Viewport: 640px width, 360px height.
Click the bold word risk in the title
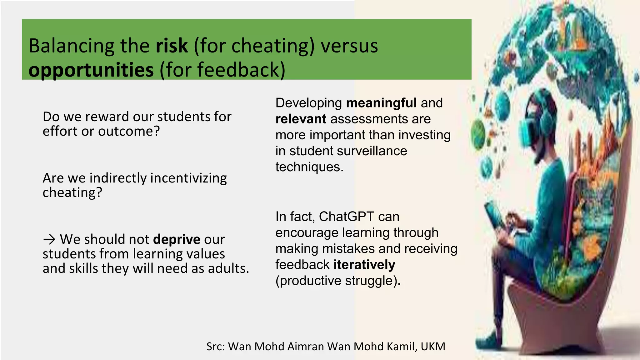coord(172,46)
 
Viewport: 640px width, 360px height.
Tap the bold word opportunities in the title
coord(91,70)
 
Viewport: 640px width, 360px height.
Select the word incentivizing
coord(189,178)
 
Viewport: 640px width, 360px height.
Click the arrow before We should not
coord(49,240)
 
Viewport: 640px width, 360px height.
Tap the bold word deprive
coord(177,239)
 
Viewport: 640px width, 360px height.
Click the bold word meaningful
coord(381,103)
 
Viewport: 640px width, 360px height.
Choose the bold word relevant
coord(301,119)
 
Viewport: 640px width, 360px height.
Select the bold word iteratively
coord(364,265)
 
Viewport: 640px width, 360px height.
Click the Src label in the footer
coord(216,347)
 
